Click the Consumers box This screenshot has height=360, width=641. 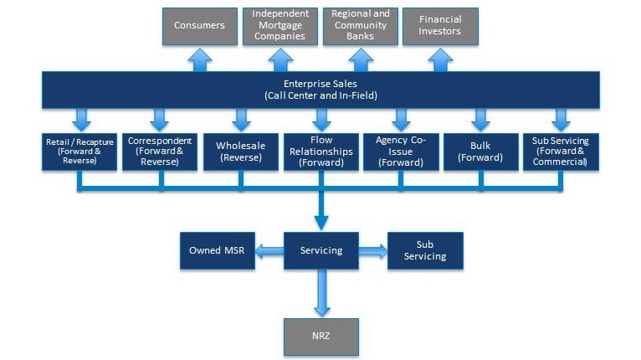click(199, 26)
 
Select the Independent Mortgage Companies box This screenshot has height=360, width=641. click(280, 26)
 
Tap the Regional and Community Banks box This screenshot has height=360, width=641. click(361, 26)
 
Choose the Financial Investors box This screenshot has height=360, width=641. click(440, 26)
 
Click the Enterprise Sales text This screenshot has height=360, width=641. click(320, 85)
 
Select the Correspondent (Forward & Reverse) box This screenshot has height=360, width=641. click(160, 151)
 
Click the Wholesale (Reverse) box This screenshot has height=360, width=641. click(240, 151)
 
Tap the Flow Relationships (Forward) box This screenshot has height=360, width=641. click(321, 151)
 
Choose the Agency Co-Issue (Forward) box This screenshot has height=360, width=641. click(401, 151)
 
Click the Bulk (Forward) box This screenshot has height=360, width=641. click(480, 151)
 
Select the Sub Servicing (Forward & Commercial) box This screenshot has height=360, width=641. click(560, 151)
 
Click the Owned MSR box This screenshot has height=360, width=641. click(218, 250)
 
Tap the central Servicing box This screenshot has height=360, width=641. click(321, 250)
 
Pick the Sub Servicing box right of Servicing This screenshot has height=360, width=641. click(424, 250)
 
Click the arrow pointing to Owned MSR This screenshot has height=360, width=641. click(269, 250)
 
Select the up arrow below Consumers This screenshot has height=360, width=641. click(199, 59)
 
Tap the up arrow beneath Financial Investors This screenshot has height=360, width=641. click(440, 59)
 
